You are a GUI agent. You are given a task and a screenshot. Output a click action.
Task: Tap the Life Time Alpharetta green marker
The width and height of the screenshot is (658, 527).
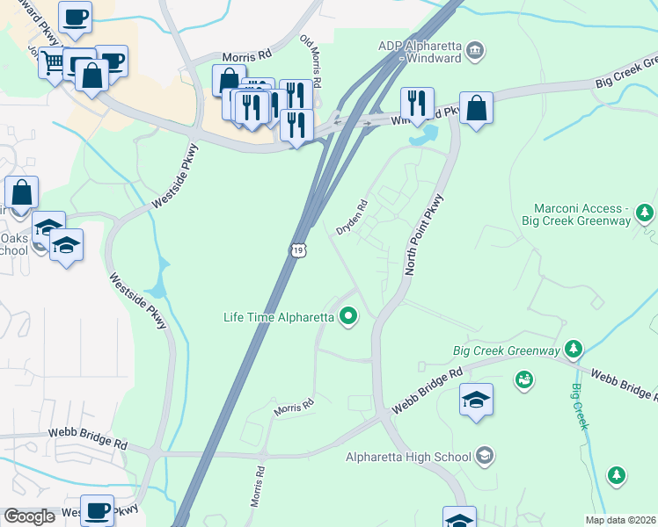(x=348, y=316)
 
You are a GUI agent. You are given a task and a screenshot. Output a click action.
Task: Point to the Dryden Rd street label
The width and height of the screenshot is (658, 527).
(x=352, y=216)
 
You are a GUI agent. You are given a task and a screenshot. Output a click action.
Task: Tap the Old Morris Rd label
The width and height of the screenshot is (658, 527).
(x=311, y=54)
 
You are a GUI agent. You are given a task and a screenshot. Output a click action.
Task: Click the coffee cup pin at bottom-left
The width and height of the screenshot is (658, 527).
(x=99, y=510)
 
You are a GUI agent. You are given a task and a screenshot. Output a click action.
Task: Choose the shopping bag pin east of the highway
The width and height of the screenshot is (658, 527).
(x=476, y=109)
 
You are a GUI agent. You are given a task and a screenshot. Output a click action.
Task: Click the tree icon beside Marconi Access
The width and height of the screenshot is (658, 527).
(x=645, y=212)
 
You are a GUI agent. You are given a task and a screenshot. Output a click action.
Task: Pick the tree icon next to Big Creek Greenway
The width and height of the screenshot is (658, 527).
(x=574, y=350)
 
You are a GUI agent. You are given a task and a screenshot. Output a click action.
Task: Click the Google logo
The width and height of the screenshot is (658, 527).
(x=29, y=516)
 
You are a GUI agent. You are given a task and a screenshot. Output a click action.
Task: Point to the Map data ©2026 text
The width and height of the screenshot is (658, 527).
(x=620, y=520)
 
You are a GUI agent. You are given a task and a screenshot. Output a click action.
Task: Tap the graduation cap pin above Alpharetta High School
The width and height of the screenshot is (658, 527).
(x=476, y=401)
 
